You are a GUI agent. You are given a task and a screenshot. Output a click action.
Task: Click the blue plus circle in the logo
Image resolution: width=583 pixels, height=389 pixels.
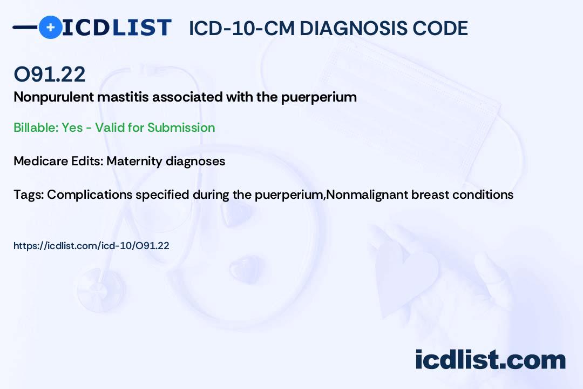pyautogui.click(x=50, y=27)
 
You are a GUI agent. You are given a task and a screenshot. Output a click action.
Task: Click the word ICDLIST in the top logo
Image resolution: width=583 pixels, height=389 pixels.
pyautogui.click(x=117, y=28)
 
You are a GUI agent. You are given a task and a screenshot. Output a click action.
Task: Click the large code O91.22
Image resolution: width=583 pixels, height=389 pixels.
pyautogui.click(x=50, y=74)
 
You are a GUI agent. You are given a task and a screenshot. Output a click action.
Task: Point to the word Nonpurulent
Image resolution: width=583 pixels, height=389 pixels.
pyautogui.click(x=53, y=97)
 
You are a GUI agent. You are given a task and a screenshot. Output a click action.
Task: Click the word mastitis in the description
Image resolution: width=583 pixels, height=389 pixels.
pyautogui.click(x=123, y=97)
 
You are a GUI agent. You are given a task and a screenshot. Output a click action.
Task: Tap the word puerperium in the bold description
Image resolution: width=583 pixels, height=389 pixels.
pyautogui.click(x=318, y=98)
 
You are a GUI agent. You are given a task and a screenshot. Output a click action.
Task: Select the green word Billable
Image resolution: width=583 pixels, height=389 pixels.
pyautogui.click(x=36, y=128)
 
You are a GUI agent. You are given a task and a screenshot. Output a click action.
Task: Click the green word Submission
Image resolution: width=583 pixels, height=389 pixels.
pyautogui.click(x=181, y=128)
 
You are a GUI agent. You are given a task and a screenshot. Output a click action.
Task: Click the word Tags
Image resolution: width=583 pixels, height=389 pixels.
pyautogui.click(x=29, y=194)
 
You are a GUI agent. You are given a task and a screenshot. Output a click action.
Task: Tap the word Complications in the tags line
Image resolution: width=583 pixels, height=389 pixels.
pyautogui.click(x=90, y=195)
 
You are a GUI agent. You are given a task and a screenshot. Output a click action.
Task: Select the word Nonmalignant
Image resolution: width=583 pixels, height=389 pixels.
pyautogui.click(x=367, y=195)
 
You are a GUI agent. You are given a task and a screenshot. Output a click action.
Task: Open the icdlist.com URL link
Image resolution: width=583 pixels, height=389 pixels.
pyautogui.click(x=91, y=246)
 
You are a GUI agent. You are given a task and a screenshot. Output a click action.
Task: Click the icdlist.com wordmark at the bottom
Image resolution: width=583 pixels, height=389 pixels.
pyautogui.click(x=490, y=359)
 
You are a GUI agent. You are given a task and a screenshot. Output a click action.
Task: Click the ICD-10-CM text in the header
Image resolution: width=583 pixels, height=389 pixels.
pyautogui.click(x=242, y=28)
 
